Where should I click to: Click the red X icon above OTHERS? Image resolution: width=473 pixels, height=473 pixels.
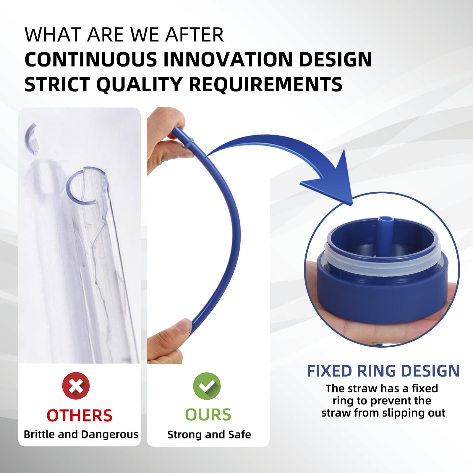[x=76, y=386]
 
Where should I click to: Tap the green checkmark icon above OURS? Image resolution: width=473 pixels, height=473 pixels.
[x=207, y=386]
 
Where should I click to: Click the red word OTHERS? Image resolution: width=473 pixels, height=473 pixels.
[x=80, y=415]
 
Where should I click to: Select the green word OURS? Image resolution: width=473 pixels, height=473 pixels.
[x=208, y=415]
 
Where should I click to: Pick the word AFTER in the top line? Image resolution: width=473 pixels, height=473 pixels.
[x=194, y=35]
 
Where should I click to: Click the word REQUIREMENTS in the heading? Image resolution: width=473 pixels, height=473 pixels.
[x=265, y=85]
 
